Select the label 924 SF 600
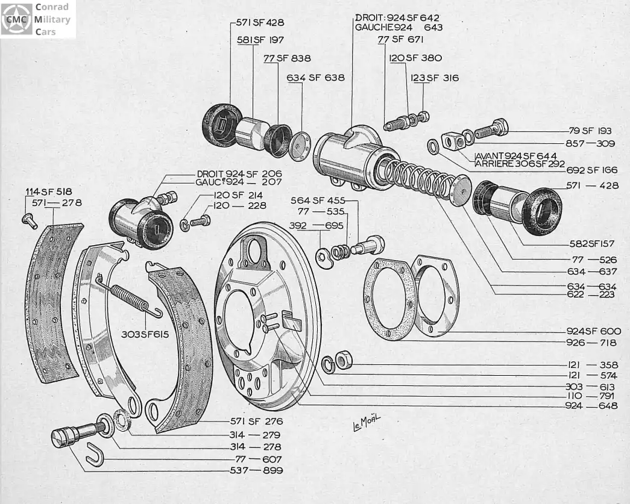click(593, 331)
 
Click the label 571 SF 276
click(256, 422)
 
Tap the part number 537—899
click(256, 470)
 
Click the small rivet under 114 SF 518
click(30, 221)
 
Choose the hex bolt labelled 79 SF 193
click(491, 129)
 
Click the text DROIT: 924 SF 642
click(397, 17)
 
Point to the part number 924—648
click(593, 407)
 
